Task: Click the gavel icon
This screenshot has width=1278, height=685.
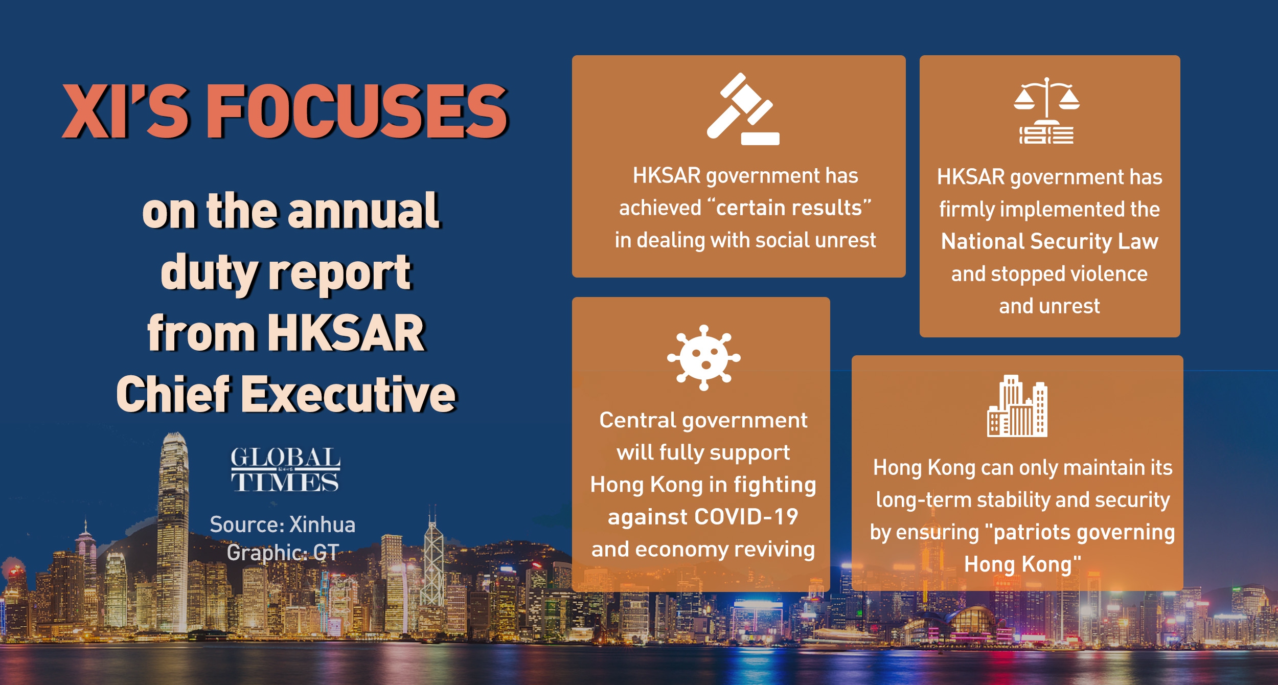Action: [x=743, y=109]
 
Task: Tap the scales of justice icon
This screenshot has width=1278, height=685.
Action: [x=1046, y=110]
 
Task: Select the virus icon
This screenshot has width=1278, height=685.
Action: [x=704, y=358]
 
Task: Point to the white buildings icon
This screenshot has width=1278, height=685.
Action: [x=1017, y=406]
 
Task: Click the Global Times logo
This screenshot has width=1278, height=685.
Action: [x=285, y=470]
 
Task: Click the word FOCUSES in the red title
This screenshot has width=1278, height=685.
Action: [x=357, y=111]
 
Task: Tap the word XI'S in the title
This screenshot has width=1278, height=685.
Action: [x=126, y=111]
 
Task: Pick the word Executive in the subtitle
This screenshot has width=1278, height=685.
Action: [x=349, y=394]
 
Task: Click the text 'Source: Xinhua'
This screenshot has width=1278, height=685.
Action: [x=283, y=524]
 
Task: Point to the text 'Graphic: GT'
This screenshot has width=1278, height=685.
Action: [x=283, y=553]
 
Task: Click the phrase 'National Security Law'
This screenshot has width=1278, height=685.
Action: [x=1049, y=241]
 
